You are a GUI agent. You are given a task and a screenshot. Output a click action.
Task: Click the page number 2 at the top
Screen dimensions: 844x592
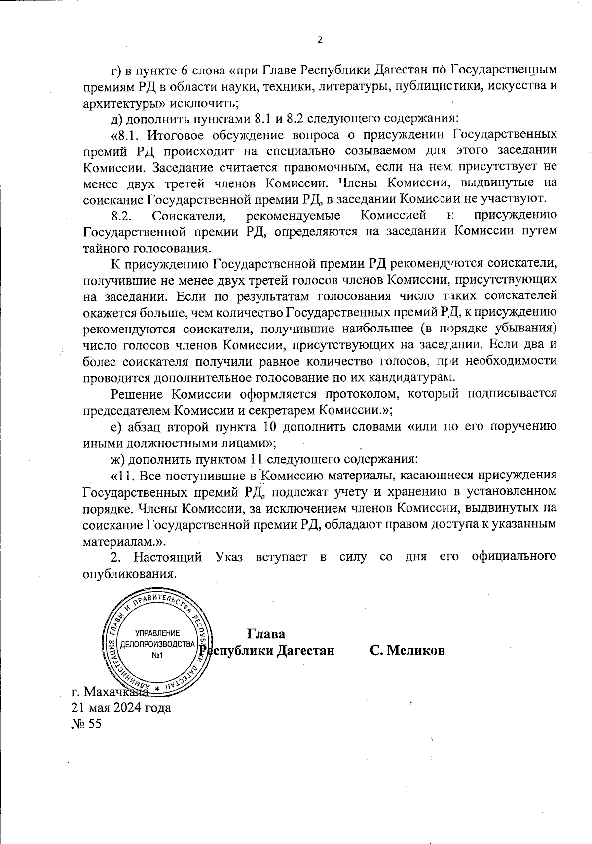[319, 40]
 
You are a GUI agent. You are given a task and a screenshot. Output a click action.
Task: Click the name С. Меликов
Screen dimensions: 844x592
[407, 650]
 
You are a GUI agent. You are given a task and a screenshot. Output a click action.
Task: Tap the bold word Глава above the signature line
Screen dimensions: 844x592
[266, 633]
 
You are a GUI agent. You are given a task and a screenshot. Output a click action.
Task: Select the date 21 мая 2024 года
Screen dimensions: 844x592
[122, 708]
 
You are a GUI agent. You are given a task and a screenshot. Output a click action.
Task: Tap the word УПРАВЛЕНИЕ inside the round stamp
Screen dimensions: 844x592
[158, 633]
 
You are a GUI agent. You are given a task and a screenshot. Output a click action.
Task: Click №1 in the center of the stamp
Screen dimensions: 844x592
[158, 655]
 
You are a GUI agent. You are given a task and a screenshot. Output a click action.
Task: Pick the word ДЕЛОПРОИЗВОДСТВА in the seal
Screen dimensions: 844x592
[158, 644]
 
